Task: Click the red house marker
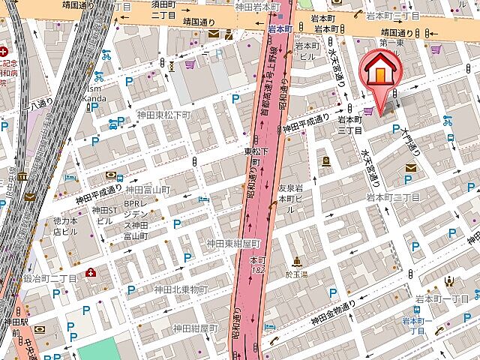pos(380,72)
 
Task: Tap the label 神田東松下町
pos(164,115)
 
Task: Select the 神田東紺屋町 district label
pos(233,243)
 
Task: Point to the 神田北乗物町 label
pos(181,289)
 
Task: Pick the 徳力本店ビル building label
pos(65,226)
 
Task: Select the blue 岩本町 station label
pos(280,29)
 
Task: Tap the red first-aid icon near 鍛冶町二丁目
pos(91,271)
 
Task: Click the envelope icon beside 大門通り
pos(411,168)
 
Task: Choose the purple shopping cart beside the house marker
pos(368,112)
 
